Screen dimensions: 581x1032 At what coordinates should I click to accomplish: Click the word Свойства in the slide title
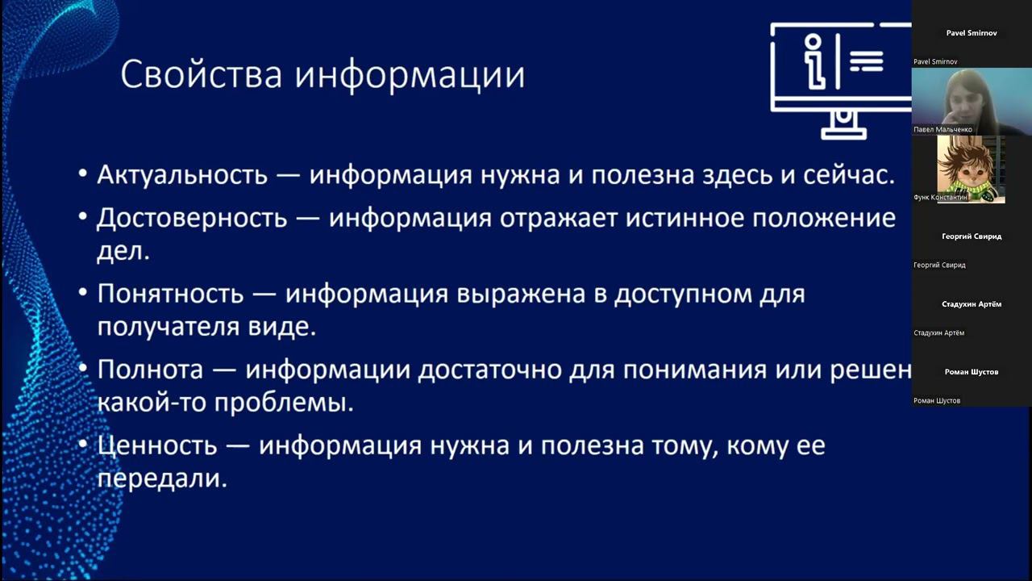click(x=202, y=75)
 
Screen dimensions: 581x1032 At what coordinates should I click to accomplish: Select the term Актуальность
click(x=181, y=175)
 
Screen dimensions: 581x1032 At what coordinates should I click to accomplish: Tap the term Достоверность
click(x=192, y=218)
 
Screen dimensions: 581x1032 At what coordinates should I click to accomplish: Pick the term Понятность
click(x=170, y=294)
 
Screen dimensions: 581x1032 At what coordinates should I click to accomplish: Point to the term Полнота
click(x=150, y=370)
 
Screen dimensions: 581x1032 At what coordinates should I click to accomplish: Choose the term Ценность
click(x=157, y=445)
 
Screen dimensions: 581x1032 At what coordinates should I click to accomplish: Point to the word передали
click(x=162, y=479)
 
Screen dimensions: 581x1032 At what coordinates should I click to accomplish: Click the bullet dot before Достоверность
click(x=84, y=219)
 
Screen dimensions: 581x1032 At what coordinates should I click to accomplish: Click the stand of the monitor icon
click(x=843, y=126)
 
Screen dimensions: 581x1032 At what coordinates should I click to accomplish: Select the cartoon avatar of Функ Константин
click(x=971, y=168)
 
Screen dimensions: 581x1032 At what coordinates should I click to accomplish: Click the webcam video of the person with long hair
click(x=971, y=101)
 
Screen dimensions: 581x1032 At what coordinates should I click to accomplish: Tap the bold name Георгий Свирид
click(x=972, y=236)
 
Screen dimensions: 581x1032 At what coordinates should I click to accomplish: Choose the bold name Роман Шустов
click(x=972, y=372)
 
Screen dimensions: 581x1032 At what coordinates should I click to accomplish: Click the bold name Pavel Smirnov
click(x=972, y=33)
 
